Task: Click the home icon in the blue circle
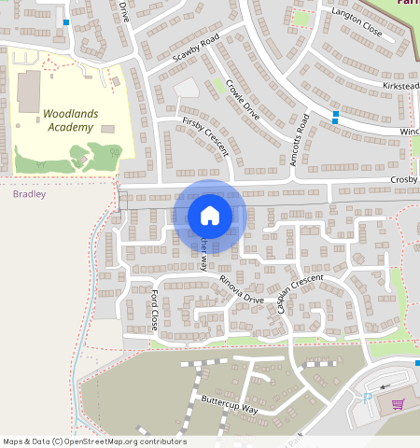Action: [210, 216]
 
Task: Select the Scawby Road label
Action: [195, 49]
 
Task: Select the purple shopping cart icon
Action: [397, 404]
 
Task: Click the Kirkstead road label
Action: [401, 85]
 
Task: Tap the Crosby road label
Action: [403, 178]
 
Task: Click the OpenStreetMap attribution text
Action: [94, 441]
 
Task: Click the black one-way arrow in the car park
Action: [386, 384]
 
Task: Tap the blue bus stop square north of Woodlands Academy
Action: [65, 21]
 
